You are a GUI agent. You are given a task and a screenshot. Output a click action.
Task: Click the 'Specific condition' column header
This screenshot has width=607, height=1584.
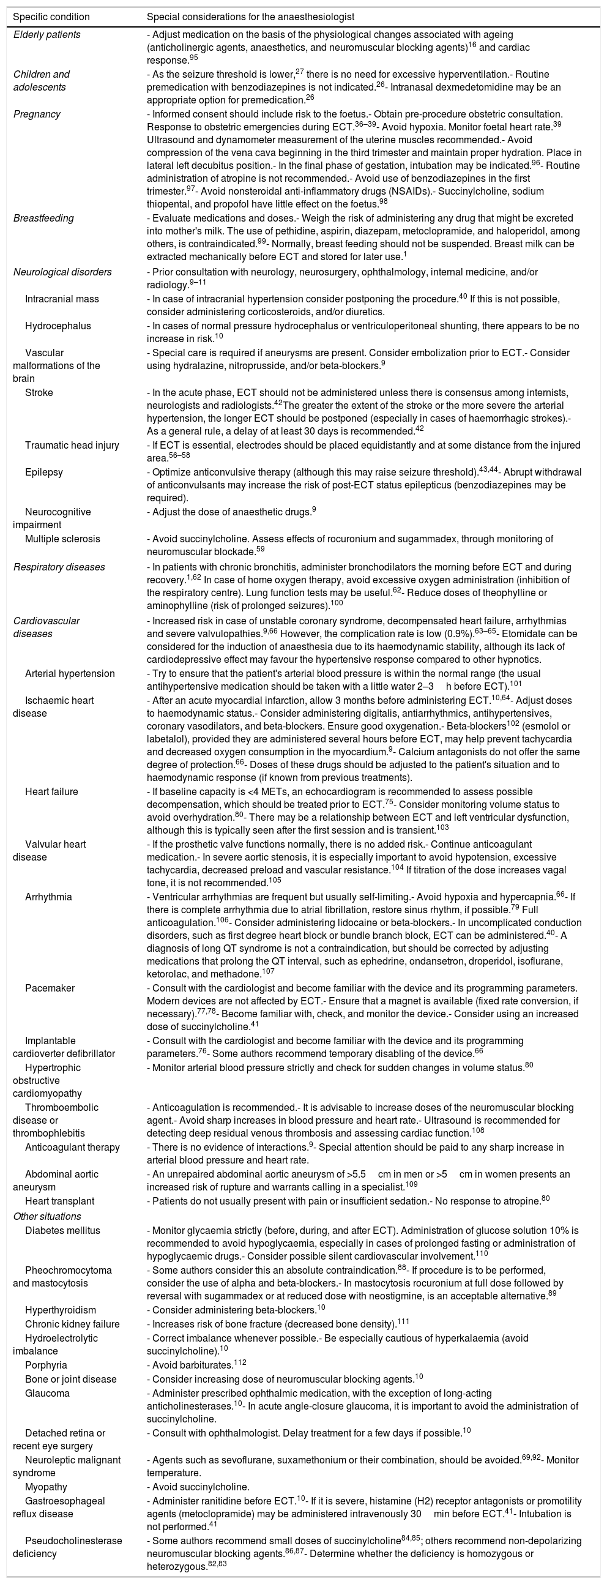click(51, 17)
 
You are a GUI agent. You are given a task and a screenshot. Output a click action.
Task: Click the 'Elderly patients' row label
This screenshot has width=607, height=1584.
click(47, 34)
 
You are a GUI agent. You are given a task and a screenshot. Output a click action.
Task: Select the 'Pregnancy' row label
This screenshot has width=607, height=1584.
click(37, 114)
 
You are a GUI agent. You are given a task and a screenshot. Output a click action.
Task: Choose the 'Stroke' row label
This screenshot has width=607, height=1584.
click(39, 392)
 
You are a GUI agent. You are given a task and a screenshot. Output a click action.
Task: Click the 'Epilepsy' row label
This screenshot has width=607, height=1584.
click(43, 473)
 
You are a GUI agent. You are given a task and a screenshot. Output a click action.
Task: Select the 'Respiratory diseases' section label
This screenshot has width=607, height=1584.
click(59, 567)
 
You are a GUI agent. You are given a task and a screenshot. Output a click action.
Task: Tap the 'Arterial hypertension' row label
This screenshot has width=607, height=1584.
click(70, 673)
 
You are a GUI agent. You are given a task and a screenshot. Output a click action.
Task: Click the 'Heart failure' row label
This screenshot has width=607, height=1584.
click(51, 791)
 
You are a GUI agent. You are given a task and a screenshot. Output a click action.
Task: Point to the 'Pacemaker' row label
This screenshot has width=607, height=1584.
click(50, 988)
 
